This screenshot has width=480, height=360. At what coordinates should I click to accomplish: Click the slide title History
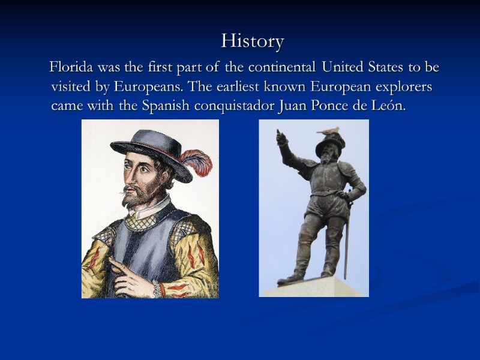coord(252,41)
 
